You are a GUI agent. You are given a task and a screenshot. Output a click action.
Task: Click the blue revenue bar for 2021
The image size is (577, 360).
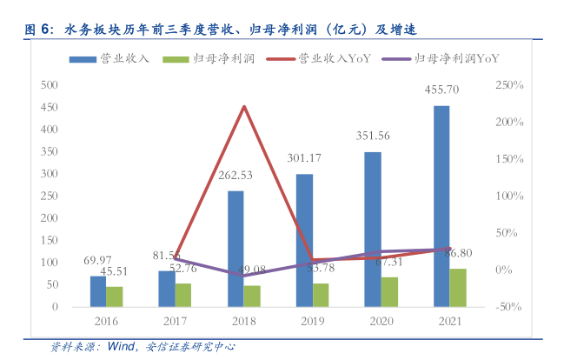441,206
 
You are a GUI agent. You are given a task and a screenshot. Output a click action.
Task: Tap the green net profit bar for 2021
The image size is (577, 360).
457,288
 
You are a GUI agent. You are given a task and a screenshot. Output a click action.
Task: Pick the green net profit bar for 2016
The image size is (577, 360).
114,297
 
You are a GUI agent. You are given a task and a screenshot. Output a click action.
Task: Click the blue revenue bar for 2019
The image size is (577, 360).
304,240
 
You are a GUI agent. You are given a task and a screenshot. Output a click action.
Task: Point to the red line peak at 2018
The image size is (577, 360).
243,107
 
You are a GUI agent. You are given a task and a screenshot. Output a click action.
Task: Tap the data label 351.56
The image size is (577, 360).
374,136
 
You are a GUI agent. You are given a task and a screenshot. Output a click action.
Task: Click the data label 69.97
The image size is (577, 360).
97,261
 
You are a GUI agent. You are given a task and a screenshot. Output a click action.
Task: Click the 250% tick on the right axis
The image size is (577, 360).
508,85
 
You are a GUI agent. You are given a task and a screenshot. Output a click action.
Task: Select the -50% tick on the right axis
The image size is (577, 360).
509,307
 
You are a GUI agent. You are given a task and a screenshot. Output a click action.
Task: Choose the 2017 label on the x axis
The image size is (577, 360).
175,322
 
